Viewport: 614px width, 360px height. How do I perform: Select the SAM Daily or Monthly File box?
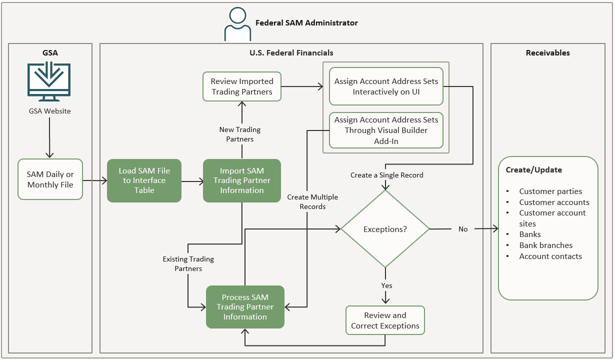[x=50, y=179]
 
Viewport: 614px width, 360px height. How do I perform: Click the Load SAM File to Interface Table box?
[x=144, y=180]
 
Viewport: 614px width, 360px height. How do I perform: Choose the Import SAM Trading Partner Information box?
[x=242, y=180]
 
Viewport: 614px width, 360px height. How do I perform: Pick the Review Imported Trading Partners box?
[x=242, y=86]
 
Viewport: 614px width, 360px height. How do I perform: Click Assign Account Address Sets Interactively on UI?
[x=386, y=86]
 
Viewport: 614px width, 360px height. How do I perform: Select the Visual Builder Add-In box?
[x=386, y=130]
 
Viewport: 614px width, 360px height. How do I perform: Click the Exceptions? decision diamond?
[x=385, y=229]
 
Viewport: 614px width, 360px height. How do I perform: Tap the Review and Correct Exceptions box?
[x=385, y=320]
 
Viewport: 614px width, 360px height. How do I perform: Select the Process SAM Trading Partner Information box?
[x=245, y=307]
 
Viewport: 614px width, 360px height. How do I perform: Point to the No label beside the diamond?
[x=463, y=229]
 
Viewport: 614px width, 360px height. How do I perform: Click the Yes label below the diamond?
[x=386, y=285]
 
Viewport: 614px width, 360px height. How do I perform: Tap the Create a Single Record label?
[x=386, y=175]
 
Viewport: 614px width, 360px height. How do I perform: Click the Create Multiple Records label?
[x=312, y=202]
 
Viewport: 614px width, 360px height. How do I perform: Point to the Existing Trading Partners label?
[x=188, y=264]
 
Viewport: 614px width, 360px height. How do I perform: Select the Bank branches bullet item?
[x=545, y=245]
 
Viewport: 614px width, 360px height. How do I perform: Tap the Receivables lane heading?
[x=547, y=52]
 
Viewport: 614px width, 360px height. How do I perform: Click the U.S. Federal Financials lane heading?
[x=291, y=52]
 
